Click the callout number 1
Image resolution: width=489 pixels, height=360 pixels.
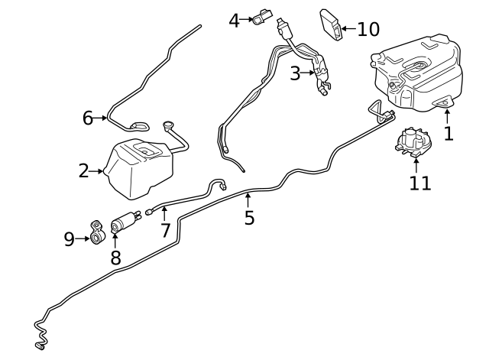449,134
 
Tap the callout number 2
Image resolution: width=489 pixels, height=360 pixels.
85,171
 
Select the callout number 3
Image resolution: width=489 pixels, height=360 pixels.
295,73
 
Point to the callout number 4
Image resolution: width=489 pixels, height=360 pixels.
235,21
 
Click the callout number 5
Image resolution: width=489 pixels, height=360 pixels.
249,218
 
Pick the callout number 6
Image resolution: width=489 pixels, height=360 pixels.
88,118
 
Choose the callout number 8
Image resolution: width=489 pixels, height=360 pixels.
115,258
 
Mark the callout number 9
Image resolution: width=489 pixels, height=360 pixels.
70,240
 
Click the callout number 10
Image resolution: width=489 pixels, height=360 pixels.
368,30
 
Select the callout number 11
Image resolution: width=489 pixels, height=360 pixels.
419,183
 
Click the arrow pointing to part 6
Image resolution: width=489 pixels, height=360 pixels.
102,118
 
